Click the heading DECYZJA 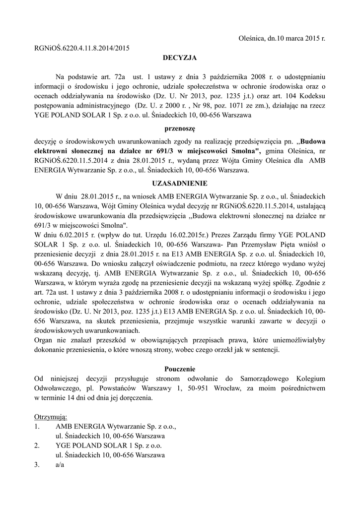[x=180, y=58]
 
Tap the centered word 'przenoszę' [x=180, y=127]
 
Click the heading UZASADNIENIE [x=180, y=183]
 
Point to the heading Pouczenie [x=180, y=369]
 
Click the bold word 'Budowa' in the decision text [x=313, y=140]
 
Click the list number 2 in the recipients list [x=36, y=445]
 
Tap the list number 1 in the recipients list [x=36, y=426]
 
